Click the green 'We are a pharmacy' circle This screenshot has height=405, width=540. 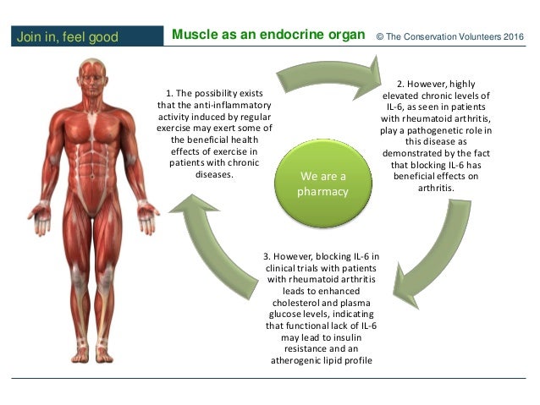pyautogui.click(x=322, y=183)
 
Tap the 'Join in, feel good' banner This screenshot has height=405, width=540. pyautogui.click(x=66, y=36)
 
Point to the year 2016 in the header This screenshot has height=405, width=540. pyautogui.click(x=511, y=36)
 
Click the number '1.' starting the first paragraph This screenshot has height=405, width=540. pyautogui.click(x=169, y=93)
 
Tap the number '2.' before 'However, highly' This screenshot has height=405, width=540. pyautogui.click(x=400, y=85)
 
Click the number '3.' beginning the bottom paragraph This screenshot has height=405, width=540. pyautogui.click(x=266, y=256)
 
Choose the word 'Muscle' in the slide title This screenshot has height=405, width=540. pyautogui.click(x=190, y=36)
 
